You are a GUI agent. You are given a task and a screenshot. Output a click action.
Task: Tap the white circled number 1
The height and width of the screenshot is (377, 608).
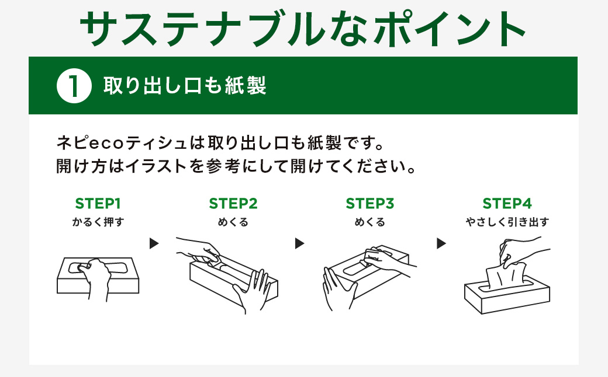[74, 86]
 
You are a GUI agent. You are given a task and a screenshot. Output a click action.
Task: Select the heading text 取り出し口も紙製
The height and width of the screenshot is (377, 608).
[185, 86]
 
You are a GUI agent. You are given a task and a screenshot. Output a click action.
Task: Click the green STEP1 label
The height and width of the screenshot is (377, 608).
[98, 204]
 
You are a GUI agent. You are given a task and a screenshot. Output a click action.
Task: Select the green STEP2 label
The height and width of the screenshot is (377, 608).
[233, 204]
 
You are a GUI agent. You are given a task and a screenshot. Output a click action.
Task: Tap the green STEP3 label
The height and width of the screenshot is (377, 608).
[369, 204]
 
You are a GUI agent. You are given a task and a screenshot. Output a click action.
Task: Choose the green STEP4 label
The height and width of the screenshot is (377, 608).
[507, 204]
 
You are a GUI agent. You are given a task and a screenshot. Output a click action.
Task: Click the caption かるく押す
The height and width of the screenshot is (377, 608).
[98, 222]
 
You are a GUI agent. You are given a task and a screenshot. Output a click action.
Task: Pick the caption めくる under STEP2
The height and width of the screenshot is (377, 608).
[233, 222]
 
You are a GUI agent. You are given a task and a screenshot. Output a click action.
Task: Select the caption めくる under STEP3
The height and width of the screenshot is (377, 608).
[369, 222]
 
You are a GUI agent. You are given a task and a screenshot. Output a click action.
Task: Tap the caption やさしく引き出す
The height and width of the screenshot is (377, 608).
[507, 222]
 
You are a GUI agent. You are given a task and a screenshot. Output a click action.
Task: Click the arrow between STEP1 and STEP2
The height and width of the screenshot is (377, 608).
[154, 243]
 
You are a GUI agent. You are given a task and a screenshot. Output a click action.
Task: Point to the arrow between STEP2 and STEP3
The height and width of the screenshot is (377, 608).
[300, 243]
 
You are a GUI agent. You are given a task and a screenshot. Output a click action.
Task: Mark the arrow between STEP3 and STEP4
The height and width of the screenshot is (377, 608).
[441, 243]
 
